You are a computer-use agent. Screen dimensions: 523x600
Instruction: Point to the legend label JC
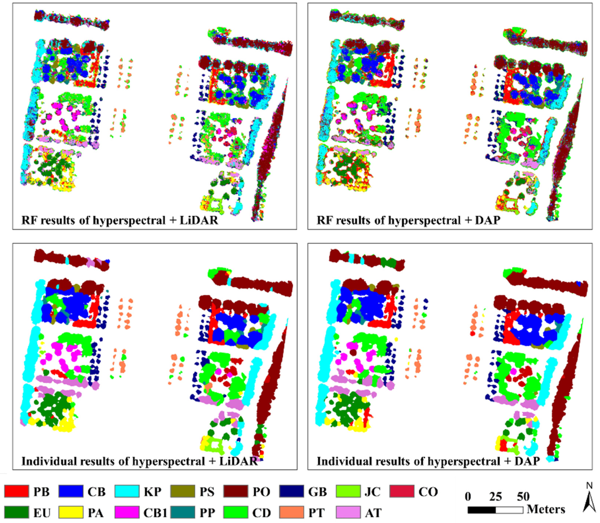click(372, 492)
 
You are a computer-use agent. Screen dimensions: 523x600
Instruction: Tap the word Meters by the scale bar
click(546, 509)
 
